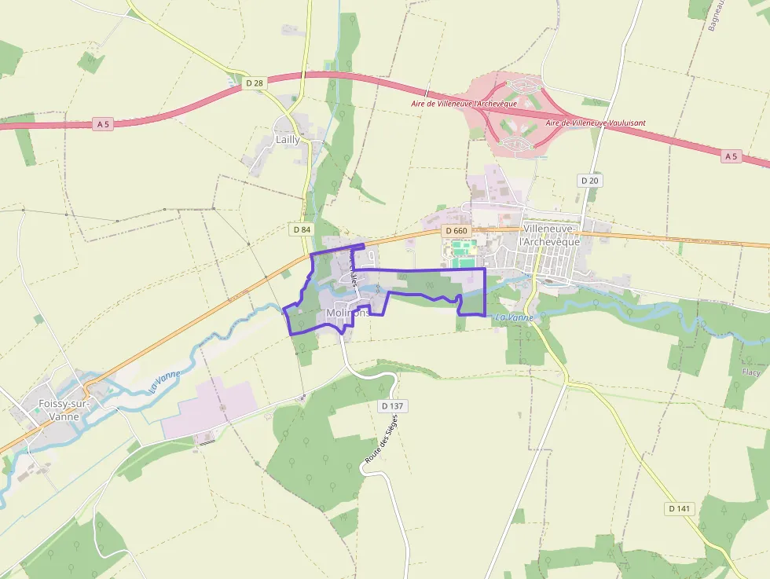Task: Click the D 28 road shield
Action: (253, 82)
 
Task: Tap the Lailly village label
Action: (287, 139)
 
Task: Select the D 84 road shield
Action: (301, 229)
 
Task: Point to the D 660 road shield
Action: (455, 230)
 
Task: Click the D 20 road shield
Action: (590, 181)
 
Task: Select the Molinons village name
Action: (346, 313)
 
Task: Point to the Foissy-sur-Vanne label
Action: (64, 410)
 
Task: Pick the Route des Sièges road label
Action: (382, 443)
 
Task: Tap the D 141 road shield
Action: (680, 508)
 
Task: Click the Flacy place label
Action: (751, 372)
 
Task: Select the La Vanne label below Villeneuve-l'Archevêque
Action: (515, 317)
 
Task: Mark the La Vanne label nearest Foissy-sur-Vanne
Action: (165, 381)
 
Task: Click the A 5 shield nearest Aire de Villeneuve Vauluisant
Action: (731, 156)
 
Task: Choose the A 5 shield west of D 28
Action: (102, 124)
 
